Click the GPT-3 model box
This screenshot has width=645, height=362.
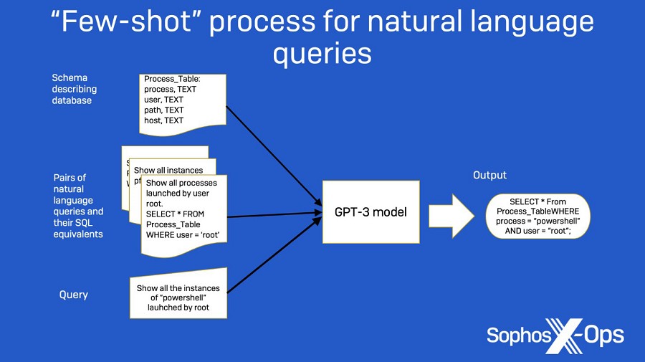tap(371, 211)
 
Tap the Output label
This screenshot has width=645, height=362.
tap(489, 176)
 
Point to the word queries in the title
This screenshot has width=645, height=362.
tap(322, 54)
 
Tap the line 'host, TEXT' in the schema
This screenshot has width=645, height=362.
tap(163, 120)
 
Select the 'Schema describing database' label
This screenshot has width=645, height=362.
tap(74, 89)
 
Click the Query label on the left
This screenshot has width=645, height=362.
tap(73, 295)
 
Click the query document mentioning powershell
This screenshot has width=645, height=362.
tap(178, 294)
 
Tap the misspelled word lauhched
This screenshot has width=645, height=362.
tap(166, 308)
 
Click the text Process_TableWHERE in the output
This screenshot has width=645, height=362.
tap(538, 212)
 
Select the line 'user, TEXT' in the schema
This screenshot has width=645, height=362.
tap(163, 100)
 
